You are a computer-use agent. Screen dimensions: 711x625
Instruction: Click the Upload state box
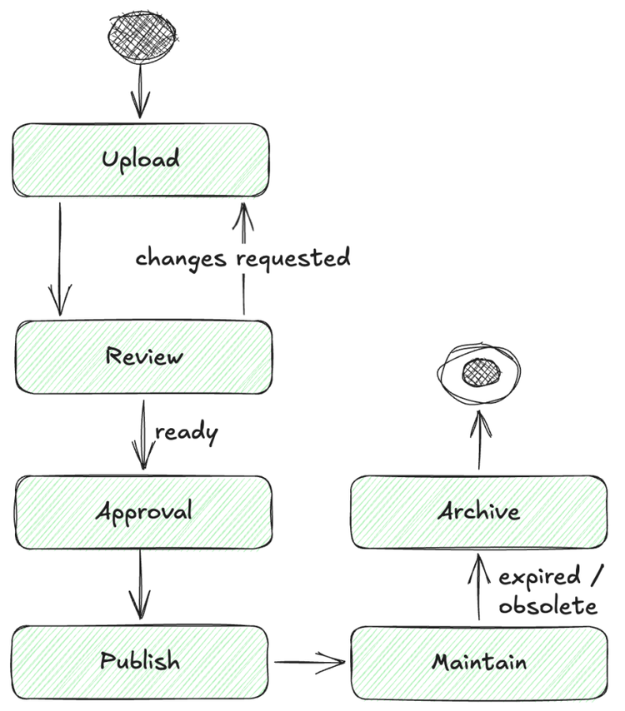(140, 160)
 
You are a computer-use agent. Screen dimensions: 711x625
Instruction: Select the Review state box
(143, 357)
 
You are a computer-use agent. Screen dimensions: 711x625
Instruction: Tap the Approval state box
(143, 511)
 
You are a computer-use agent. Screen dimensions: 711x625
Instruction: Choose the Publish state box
(140, 662)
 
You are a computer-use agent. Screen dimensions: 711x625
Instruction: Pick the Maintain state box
(478, 664)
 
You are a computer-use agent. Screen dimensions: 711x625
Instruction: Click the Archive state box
(478, 511)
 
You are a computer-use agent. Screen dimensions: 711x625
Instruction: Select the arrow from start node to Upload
(140, 92)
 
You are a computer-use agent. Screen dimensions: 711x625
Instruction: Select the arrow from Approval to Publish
(140, 586)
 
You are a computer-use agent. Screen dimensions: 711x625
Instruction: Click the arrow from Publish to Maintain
(309, 663)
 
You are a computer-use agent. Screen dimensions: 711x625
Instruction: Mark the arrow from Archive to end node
(479, 441)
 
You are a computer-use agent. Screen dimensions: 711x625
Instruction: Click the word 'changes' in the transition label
(180, 258)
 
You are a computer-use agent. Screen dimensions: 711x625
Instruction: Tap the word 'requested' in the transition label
(292, 259)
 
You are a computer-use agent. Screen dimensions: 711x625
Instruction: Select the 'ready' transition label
(187, 433)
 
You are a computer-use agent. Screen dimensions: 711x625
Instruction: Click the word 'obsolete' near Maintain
(547, 606)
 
